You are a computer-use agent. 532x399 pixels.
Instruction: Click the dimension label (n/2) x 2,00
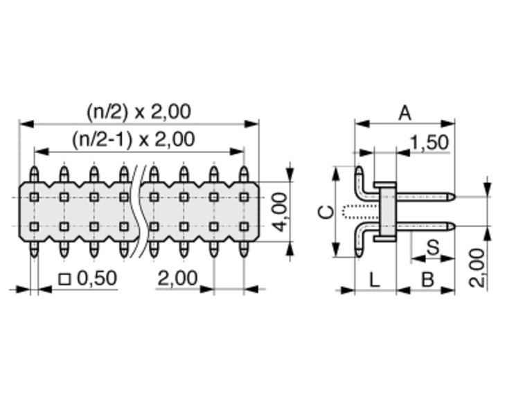pyautogui.click(x=139, y=112)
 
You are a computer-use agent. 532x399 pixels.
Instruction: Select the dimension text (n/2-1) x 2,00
pyautogui.click(x=133, y=139)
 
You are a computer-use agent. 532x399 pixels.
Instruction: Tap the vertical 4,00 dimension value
pyautogui.click(x=280, y=212)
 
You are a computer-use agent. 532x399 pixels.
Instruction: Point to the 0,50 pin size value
pyautogui.click(x=97, y=278)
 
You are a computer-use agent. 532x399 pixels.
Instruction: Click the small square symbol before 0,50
pyautogui.click(x=64, y=279)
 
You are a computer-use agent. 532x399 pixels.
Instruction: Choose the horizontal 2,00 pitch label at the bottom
pyautogui.click(x=177, y=278)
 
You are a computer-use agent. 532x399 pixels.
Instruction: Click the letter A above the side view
pyautogui.click(x=405, y=113)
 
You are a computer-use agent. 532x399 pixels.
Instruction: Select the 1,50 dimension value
pyautogui.click(x=429, y=142)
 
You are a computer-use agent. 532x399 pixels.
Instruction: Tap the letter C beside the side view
pyautogui.click(x=326, y=212)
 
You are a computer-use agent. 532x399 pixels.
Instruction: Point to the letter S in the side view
pyautogui.click(x=433, y=247)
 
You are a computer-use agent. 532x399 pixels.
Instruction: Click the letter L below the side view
pyautogui.click(x=374, y=281)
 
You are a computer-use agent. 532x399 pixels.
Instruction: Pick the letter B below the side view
pyautogui.click(x=427, y=281)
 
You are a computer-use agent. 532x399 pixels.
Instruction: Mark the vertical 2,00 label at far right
pyautogui.click(x=477, y=268)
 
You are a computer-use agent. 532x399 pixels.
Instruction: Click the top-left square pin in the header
pyautogui.click(x=34, y=197)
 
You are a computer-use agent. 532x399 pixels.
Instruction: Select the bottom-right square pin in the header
pyautogui.click(x=244, y=226)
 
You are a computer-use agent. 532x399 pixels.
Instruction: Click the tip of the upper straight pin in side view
pyautogui.click(x=453, y=197)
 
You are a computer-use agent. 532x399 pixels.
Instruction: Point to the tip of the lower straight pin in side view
pyautogui.click(x=453, y=226)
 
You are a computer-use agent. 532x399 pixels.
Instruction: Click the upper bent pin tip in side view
pyautogui.click(x=359, y=168)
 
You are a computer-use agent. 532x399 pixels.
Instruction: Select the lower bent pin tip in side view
pyautogui.click(x=359, y=255)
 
